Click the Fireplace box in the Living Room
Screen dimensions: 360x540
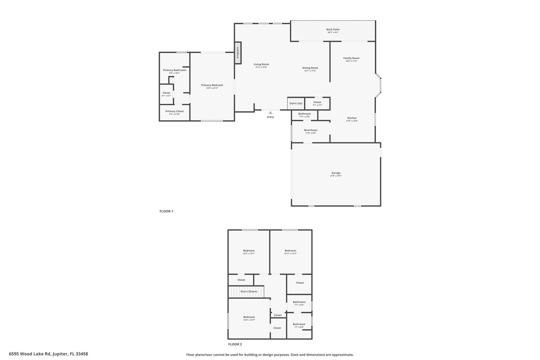(238, 52)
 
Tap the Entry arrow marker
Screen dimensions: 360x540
(270, 112)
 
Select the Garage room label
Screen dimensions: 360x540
(335, 173)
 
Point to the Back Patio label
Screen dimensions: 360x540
(333, 29)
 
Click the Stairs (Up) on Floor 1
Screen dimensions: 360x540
(295, 103)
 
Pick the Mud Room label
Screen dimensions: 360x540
(310, 130)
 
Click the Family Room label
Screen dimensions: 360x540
(351, 58)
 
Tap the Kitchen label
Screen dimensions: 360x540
(352, 118)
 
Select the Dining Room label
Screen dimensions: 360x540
(310, 68)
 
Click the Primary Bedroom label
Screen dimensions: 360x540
(212, 85)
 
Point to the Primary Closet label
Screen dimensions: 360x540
(174, 111)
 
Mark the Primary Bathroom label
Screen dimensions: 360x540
(174, 70)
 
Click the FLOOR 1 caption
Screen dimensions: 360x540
(166, 211)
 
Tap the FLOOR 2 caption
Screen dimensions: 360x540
(235, 344)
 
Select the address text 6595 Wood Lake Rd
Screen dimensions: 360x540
(48, 354)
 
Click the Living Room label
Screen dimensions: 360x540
(261, 64)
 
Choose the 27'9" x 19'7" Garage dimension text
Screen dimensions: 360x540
(335, 176)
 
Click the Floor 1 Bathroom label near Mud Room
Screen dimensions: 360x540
(304, 113)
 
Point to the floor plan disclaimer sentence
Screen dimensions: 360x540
(269, 354)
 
